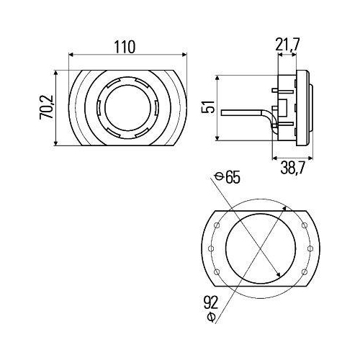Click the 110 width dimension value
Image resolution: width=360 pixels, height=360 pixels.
(x=125, y=47)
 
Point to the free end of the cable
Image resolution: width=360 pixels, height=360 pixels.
(x=222, y=112)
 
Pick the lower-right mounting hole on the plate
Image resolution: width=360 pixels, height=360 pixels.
(x=305, y=271)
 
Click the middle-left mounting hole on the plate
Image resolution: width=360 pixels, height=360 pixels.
(x=210, y=248)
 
